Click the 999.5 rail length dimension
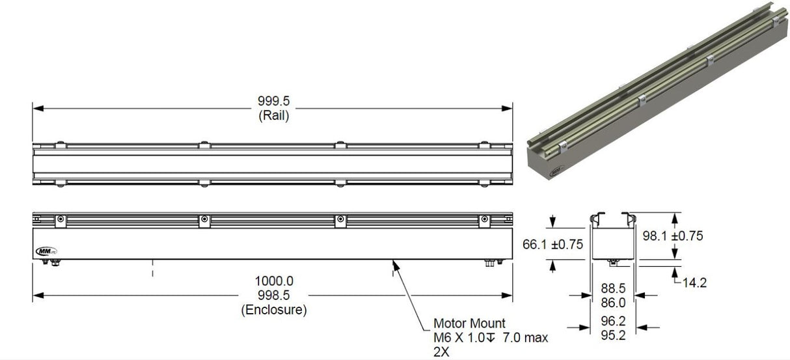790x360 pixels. click(x=273, y=102)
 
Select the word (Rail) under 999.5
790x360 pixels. click(x=273, y=117)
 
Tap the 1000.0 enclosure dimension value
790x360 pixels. click(x=273, y=281)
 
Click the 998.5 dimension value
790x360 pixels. click(x=273, y=296)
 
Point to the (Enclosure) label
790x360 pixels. click(x=273, y=310)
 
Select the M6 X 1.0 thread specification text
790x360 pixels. click(x=461, y=338)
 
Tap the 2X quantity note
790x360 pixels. click(x=441, y=352)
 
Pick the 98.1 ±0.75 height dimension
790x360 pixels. click(x=672, y=236)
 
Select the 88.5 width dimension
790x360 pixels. click(x=612, y=288)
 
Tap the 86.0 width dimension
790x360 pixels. click(x=612, y=302)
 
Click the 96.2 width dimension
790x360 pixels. click(x=612, y=321)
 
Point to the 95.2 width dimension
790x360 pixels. click(x=612, y=335)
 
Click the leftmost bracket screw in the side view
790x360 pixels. click(x=60, y=220)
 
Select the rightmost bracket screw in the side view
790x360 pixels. click(x=484, y=220)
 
